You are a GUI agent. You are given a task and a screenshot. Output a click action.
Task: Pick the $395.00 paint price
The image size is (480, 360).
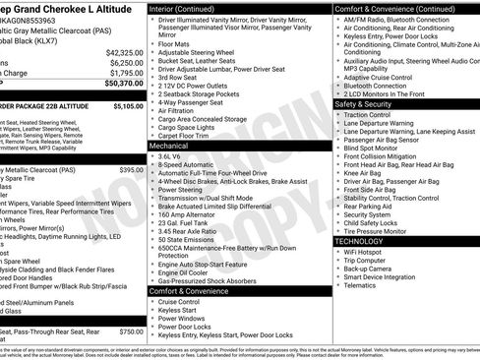click(x=131, y=170)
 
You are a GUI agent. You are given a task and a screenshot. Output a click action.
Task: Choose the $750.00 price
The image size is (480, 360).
click(x=131, y=332)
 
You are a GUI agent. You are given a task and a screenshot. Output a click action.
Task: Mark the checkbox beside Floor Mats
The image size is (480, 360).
click(x=152, y=44)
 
